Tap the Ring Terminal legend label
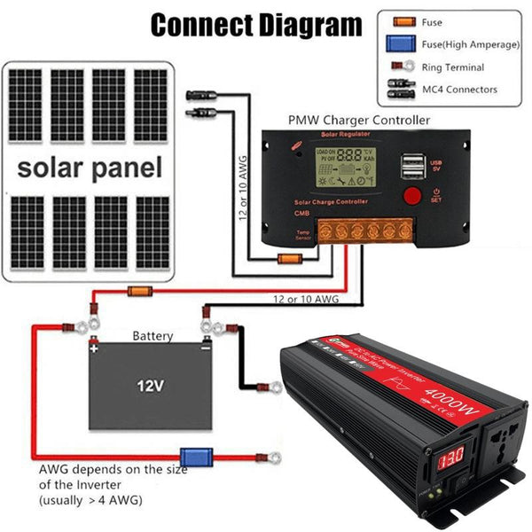(x=453, y=67)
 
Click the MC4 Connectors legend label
(x=460, y=89)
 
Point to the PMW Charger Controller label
(x=359, y=119)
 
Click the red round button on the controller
(x=413, y=196)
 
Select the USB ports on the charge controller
(x=412, y=165)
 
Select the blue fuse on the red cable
(x=193, y=456)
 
